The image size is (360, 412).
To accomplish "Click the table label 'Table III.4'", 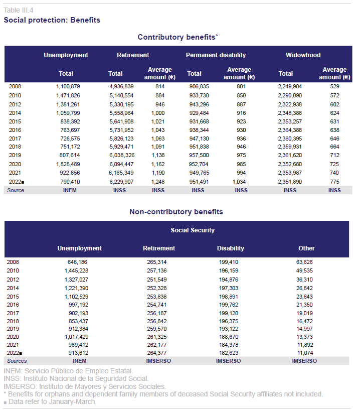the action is [19, 10].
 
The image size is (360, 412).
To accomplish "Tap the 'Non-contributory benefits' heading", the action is [176, 212].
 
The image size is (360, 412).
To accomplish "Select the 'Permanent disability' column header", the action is [216, 55].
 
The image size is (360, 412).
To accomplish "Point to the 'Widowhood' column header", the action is [303, 55].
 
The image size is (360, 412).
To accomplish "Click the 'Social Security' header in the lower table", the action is [193, 230].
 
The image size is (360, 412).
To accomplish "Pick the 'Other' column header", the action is [306, 248].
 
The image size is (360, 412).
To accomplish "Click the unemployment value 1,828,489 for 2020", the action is [68, 164].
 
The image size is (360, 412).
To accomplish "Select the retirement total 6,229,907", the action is [121, 182].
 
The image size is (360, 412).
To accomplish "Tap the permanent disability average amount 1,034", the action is [239, 182].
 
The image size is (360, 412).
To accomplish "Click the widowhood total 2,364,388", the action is [290, 130].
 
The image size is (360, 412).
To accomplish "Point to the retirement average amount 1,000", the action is [158, 113].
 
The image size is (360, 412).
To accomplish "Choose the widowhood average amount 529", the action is [334, 86].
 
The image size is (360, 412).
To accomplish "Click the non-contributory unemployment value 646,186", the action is [77, 262].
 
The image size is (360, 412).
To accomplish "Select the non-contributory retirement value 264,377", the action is [157, 353].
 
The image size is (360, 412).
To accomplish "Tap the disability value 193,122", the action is [229, 329].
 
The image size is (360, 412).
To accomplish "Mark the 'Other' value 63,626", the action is [304, 262].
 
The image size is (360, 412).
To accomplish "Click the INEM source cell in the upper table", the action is [70, 190].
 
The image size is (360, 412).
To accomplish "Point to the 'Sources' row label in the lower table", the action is [17, 361].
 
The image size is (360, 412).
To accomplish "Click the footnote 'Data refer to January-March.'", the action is [53, 402].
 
